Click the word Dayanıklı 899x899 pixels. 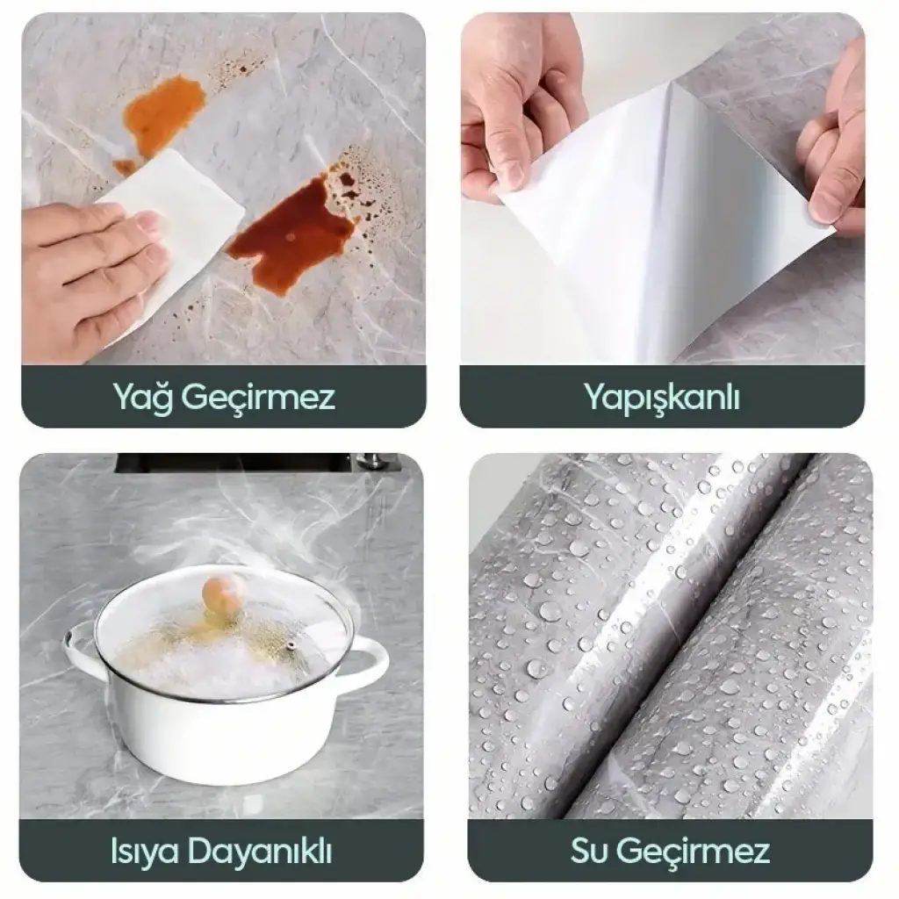(260, 852)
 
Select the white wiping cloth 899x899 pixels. (172, 229)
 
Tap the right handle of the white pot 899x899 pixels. (367, 659)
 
